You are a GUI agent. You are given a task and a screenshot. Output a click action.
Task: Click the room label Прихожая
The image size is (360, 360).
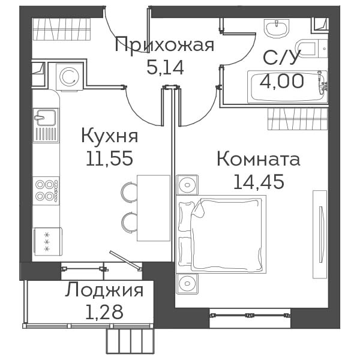(x=164, y=45)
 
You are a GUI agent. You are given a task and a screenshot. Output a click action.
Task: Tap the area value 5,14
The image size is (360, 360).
(x=165, y=68)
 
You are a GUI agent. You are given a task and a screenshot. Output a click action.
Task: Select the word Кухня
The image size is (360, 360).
(x=110, y=136)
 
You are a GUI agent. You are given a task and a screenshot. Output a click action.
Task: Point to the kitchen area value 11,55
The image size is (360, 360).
(x=110, y=158)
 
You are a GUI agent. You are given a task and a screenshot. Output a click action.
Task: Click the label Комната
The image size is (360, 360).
(x=259, y=159)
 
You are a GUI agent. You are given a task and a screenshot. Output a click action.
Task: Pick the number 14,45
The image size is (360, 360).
(x=259, y=181)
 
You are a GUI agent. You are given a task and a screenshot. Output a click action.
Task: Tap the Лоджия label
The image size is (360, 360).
(x=104, y=290)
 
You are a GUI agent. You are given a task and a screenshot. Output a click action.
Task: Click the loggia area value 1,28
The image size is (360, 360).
(x=104, y=312)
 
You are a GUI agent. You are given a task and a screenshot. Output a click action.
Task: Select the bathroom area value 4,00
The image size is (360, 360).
(x=282, y=81)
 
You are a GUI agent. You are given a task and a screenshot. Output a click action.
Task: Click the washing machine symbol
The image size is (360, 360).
(x=70, y=77)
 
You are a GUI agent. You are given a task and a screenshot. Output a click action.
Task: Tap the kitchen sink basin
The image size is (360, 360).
(x=46, y=118)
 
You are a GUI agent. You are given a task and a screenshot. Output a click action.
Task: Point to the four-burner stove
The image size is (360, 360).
(x=46, y=191)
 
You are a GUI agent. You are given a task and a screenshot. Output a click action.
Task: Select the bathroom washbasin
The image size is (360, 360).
(x=277, y=27)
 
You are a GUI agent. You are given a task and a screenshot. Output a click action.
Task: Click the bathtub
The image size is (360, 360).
(x=287, y=87)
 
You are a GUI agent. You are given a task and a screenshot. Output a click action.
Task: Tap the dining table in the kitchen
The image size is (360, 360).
(x=154, y=208)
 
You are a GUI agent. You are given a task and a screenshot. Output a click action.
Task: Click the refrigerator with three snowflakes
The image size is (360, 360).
(x=48, y=241)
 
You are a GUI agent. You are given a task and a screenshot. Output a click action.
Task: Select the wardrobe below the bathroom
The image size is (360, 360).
(x=298, y=119)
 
